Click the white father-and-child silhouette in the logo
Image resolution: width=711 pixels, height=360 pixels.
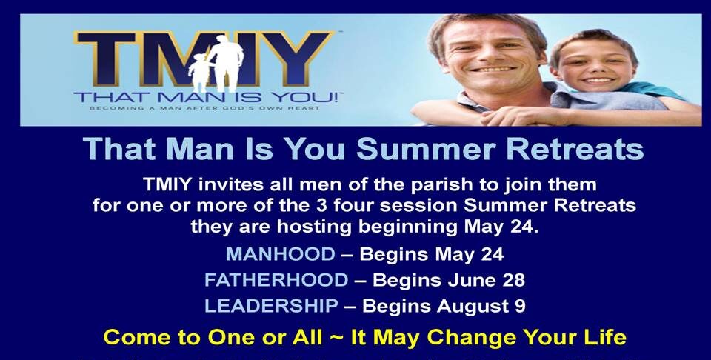(216, 64)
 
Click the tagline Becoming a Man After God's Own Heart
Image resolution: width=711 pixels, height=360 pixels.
(204, 108)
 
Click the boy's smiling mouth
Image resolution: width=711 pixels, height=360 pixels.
(598, 80)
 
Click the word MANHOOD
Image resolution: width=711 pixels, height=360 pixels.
(280, 254)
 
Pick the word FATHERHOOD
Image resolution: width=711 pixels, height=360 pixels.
(276, 280)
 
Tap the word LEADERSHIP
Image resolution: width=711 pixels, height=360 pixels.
(271, 306)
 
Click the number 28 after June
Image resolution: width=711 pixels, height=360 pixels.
(514, 280)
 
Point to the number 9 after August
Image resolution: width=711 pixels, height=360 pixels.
(521, 306)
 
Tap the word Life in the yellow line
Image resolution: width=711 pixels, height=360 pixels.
(608, 337)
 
